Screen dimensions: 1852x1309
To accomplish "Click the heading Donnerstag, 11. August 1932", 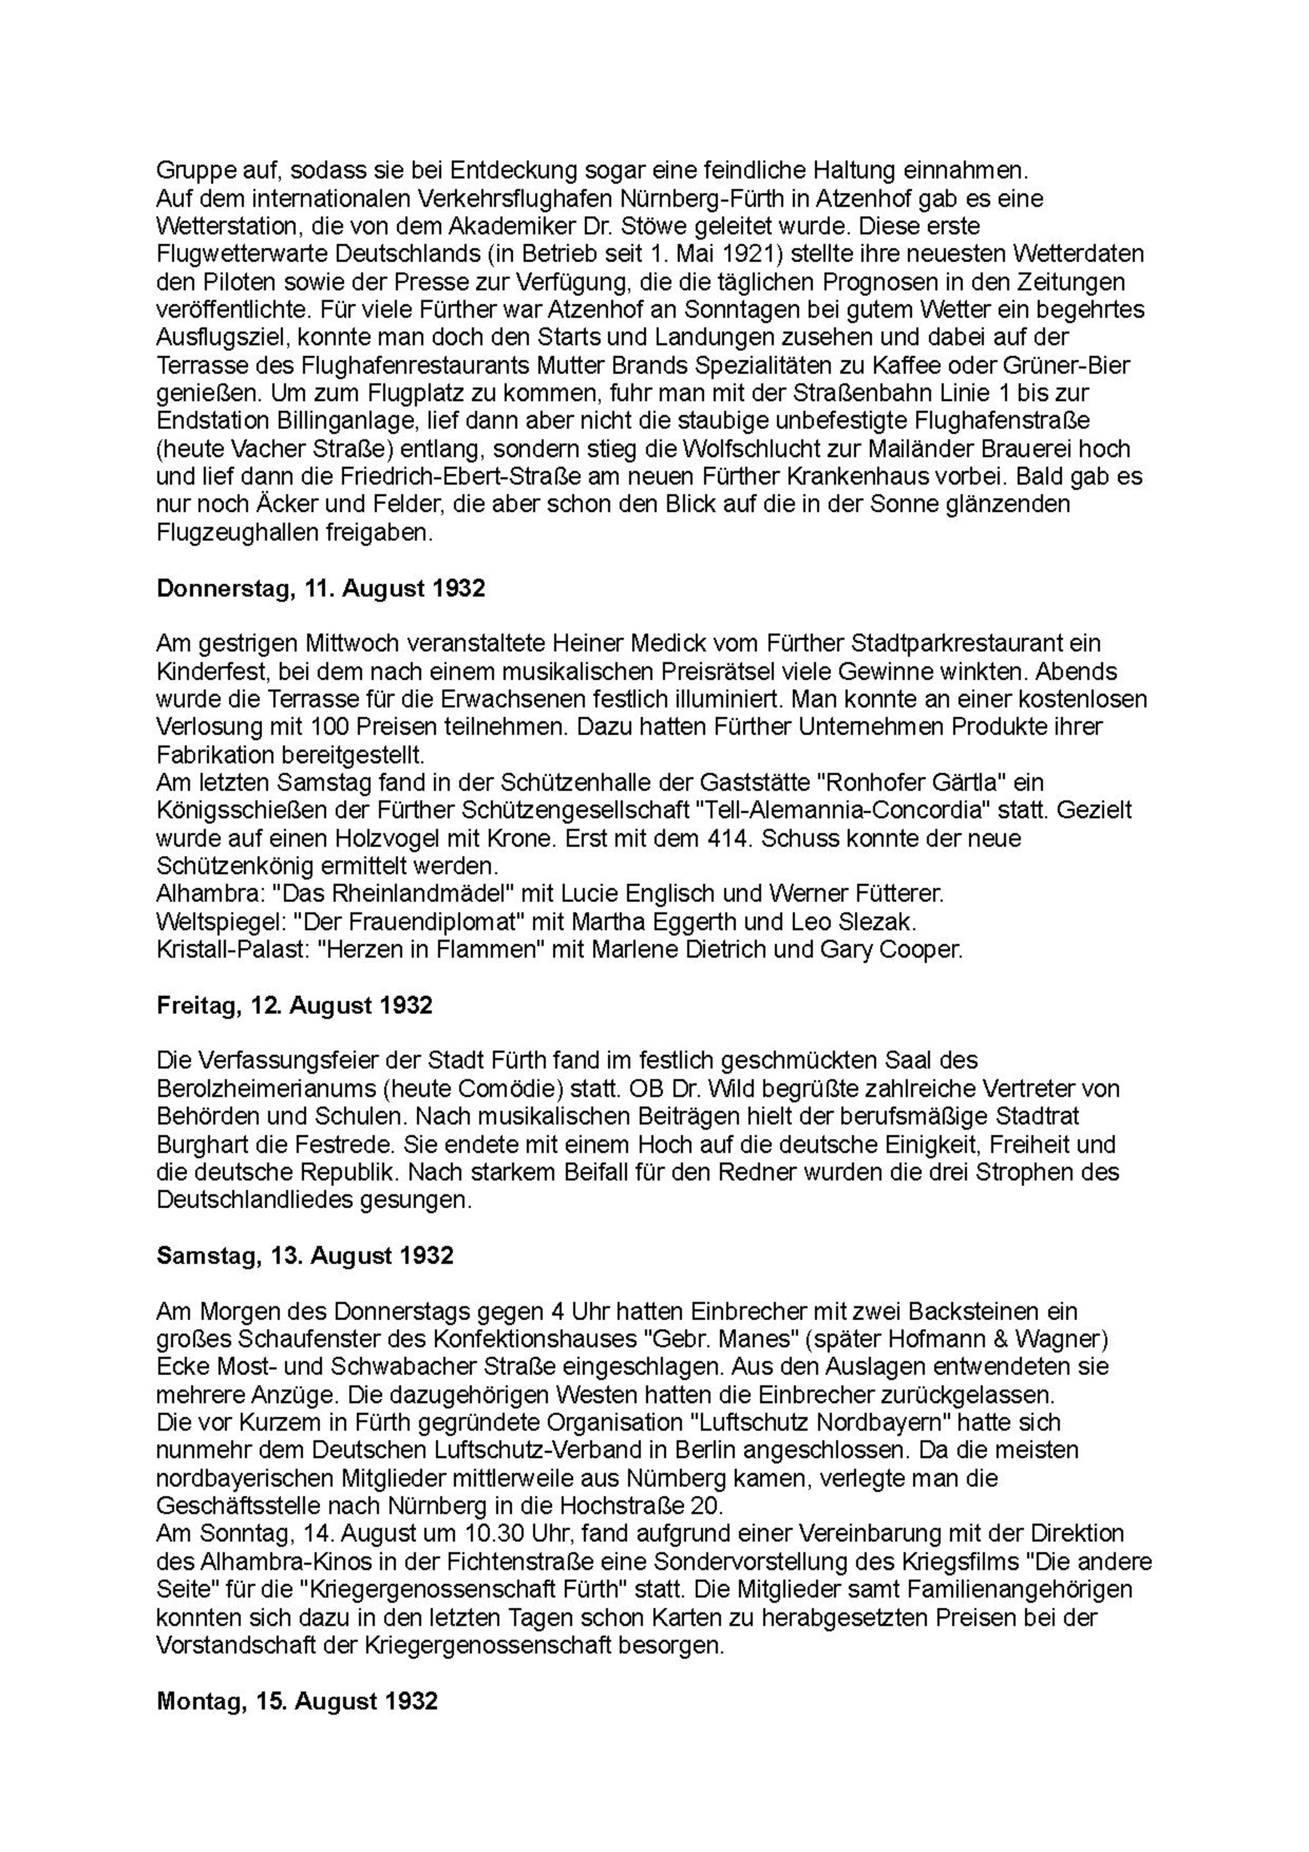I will coord(321,588).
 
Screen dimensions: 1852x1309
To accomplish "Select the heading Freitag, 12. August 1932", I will coord(295,1005).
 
